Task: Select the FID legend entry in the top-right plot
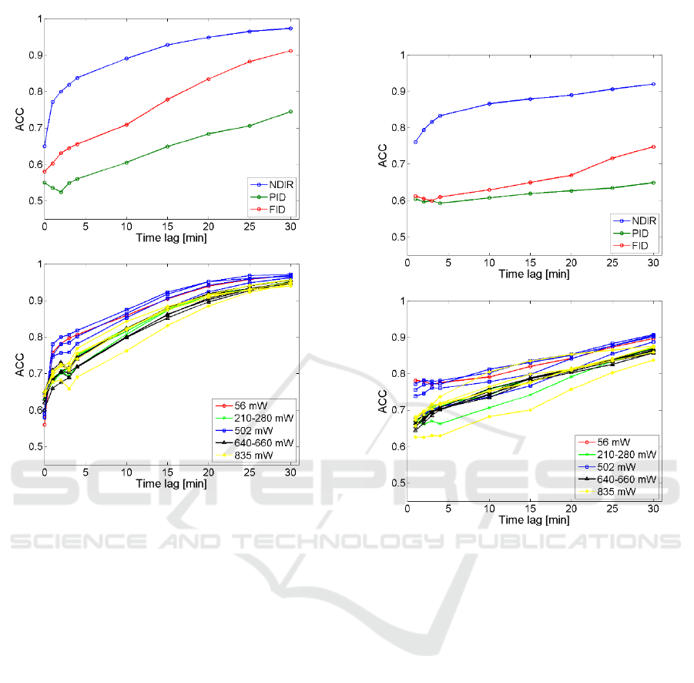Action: pyautogui.click(x=635, y=246)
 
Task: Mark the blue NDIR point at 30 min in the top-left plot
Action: pyautogui.click(x=290, y=29)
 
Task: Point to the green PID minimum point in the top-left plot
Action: pyautogui.click(x=61, y=192)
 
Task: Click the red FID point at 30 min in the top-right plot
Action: pyautogui.click(x=653, y=146)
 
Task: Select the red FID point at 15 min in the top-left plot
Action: pyautogui.click(x=167, y=99)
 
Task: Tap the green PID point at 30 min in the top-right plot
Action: pyautogui.click(x=653, y=183)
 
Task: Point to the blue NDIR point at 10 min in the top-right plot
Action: pyautogui.click(x=489, y=103)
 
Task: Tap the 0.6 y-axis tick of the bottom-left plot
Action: pyautogui.click(x=32, y=410)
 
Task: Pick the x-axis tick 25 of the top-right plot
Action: pyautogui.click(x=612, y=263)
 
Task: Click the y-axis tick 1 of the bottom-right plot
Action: pyautogui.click(x=397, y=301)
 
